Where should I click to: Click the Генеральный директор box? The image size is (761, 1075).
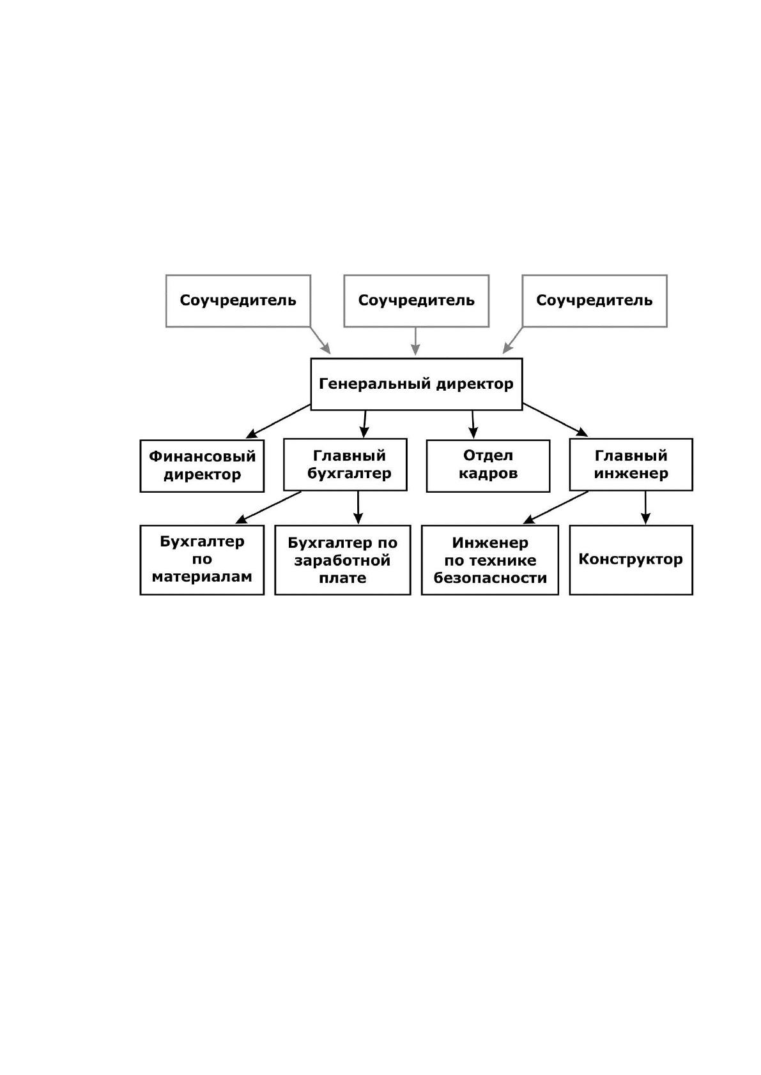[x=416, y=384]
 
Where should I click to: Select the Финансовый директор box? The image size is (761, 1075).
[x=202, y=465]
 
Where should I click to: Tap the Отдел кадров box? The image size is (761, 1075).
[x=488, y=465]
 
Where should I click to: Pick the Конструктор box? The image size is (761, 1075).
[x=631, y=560]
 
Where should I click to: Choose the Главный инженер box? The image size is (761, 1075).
[x=631, y=465]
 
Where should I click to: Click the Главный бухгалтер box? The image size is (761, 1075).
[x=345, y=465]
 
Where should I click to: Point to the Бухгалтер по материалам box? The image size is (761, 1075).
[x=202, y=560]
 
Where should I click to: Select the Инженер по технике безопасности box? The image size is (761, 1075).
[x=489, y=560]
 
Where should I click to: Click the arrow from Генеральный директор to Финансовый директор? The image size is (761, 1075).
[x=278, y=421]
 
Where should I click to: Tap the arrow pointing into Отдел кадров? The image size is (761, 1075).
[x=473, y=425]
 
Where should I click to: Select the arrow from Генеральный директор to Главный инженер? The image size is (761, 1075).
[x=555, y=419]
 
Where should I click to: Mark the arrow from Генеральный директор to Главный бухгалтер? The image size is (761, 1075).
[x=365, y=424]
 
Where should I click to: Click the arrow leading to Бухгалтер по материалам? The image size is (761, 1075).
[x=268, y=507]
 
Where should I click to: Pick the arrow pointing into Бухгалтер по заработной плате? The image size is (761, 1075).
[x=358, y=507]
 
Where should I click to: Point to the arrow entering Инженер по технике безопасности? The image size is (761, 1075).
[x=556, y=507]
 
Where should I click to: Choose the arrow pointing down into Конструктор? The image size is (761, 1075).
[x=645, y=507]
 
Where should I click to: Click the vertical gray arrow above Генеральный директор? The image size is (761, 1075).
[x=415, y=342]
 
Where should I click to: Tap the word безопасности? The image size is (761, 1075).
[x=490, y=578]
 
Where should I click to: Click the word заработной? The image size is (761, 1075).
[x=342, y=560]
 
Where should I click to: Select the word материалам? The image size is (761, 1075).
[x=202, y=576]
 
